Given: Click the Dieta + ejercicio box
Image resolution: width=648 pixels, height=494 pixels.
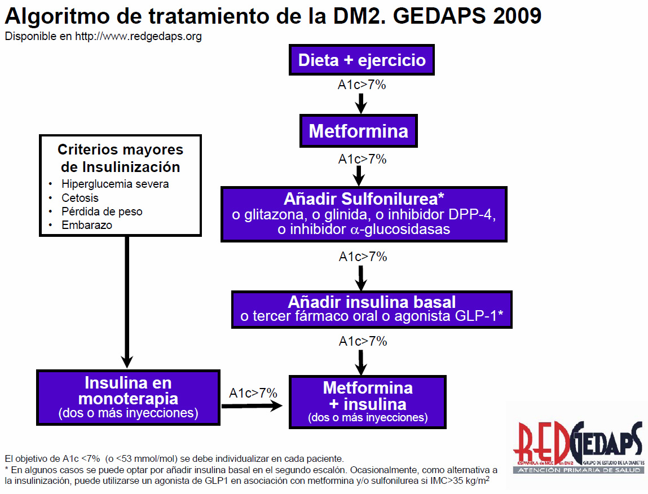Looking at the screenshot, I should (362, 60).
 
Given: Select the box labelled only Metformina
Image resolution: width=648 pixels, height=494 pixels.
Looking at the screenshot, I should (358, 131).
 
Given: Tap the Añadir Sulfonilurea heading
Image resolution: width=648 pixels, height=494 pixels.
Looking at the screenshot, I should (364, 200).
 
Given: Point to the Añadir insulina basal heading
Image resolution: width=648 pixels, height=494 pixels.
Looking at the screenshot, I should (372, 302).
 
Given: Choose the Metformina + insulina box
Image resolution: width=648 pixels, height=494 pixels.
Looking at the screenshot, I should (367, 402).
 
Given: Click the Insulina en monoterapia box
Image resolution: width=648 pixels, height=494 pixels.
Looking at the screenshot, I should (128, 397).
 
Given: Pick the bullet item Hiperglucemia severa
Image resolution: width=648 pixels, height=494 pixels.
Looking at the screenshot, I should (115, 184).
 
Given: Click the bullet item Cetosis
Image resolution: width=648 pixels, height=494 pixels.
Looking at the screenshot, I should (80, 198).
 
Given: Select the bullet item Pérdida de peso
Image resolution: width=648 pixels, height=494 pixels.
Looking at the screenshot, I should (102, 211).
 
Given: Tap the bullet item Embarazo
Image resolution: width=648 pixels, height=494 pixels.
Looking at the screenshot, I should (87, 225).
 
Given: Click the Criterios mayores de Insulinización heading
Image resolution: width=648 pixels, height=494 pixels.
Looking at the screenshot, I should (121, 158).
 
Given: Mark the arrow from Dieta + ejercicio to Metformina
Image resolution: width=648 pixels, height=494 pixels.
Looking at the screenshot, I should (362, 103).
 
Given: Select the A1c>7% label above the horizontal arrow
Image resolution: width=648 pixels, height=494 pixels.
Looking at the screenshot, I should (253, 393).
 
